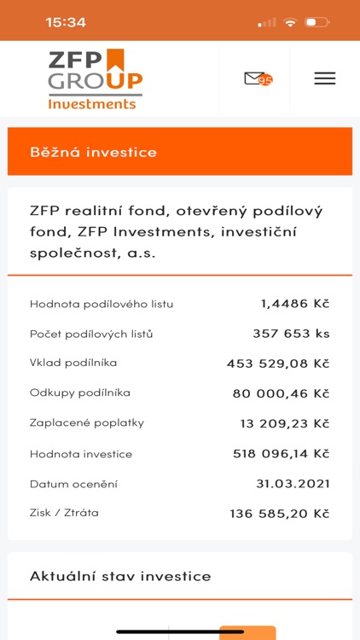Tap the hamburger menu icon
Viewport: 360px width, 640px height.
click(324, 79)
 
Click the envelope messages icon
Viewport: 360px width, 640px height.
click(255, 79)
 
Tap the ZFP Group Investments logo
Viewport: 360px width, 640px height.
click(95, 79)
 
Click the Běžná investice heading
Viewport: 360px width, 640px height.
click(94, 152)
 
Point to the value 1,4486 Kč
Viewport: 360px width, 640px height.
click(295, 303)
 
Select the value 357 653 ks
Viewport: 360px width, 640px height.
click(291, 333)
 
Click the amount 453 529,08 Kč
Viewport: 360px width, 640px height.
click(278, 364)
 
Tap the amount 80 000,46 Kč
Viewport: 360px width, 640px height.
click(281, 393)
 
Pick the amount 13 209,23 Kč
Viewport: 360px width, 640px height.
click(284, 423)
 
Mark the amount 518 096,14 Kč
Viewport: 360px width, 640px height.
click(281, 454)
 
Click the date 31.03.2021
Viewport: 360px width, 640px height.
click(293, 484)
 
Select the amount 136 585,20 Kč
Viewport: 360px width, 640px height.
click(279, 514)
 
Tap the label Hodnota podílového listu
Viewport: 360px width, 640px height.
click(102, 304)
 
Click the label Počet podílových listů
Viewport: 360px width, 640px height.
click(91, 334)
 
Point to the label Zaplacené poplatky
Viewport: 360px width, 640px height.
click(87, 422)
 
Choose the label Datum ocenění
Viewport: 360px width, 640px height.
click(73, 484)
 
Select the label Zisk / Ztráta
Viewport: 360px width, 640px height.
click(64, 513)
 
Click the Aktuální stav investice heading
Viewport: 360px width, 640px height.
click(120, 576)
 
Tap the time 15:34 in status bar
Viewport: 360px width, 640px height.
click(66, 22)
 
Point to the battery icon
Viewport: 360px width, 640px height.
click(316, 22)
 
